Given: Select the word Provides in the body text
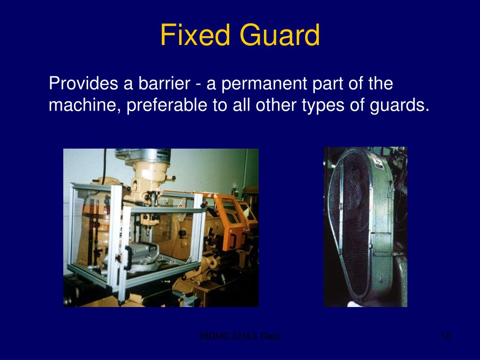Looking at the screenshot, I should [83, 84].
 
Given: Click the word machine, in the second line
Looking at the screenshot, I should [85, 105].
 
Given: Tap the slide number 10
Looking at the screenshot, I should [446, 336].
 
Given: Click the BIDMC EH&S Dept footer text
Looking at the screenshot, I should [240, 336].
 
